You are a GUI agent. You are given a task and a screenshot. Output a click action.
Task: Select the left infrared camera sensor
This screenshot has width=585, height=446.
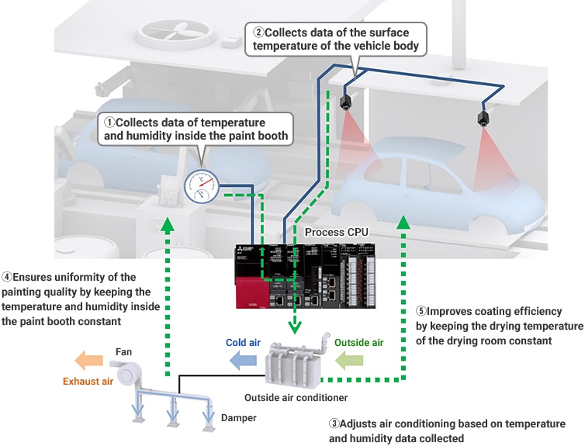point(346,102)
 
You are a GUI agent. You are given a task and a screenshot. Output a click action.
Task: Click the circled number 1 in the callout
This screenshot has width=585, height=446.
point(109,123)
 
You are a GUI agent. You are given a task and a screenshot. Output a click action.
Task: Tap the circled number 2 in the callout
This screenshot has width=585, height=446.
point(258,33)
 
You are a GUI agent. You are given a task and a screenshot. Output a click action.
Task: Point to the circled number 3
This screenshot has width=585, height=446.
point(334,424)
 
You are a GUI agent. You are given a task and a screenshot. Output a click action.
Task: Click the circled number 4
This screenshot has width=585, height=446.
point(6,278)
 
